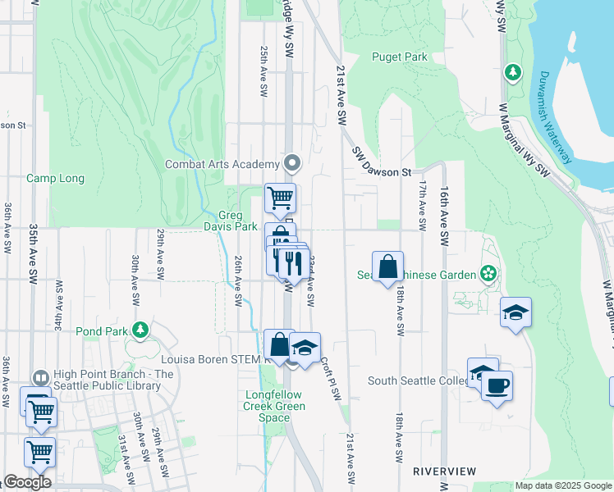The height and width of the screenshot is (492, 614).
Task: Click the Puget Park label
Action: (x=399, y=57)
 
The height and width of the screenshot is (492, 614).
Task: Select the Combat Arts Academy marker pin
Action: (x=291, y=161)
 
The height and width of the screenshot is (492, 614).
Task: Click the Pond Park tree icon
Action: (x=140, y=330)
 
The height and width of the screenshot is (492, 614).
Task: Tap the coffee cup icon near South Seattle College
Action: (x=497, y=385)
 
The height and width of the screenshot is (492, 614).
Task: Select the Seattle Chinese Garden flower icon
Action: (x=489, y=273)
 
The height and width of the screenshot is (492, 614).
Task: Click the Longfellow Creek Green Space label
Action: (x=274, y=406)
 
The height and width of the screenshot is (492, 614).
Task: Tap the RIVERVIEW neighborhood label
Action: (x=444, y=471)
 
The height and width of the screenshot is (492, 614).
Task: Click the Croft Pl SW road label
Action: (x=330, y=377)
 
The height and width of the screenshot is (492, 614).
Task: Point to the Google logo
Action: (x=28, y=482)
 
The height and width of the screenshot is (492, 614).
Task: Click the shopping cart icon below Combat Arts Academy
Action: (x=281, y=198)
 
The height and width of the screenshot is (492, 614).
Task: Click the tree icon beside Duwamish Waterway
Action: (x=513, y=72)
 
